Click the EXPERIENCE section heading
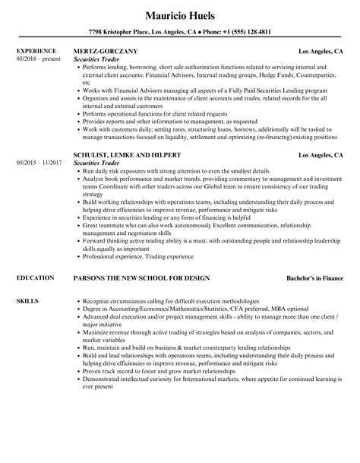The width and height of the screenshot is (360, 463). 37,52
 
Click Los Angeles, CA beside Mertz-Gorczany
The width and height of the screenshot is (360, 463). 321,52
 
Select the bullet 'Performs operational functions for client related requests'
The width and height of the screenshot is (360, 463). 163,113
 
